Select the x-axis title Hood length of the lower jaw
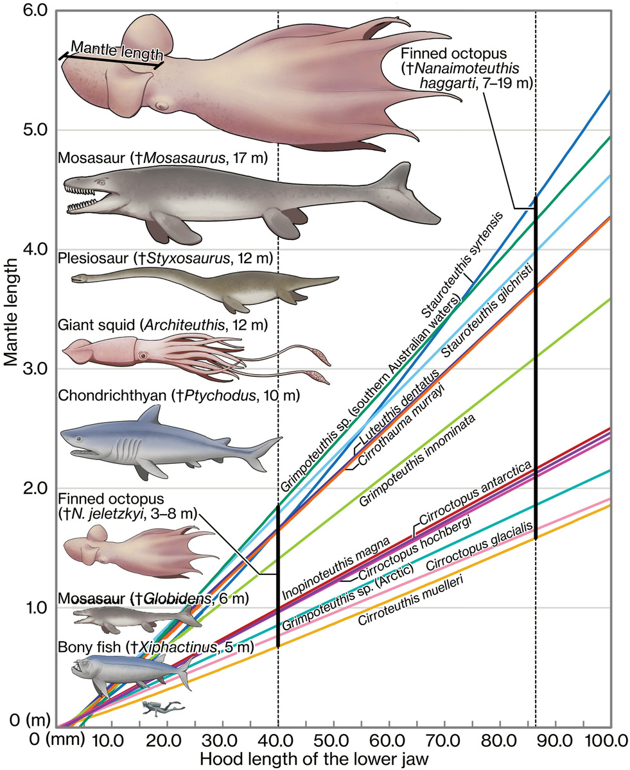[314, 758]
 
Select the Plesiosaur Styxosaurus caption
[166, 259]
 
